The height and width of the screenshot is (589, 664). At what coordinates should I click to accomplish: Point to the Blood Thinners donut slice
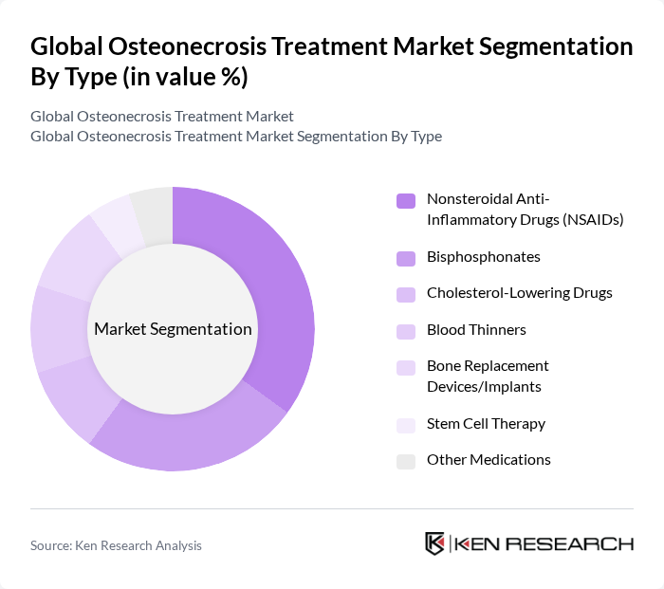[x=59, y=328]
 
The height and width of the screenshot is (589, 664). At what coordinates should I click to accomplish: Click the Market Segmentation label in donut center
[x=173, y=329]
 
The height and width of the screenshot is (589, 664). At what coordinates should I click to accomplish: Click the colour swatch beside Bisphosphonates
[x=405, y=258]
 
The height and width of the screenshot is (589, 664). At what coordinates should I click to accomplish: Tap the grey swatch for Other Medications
[x=405, y=461]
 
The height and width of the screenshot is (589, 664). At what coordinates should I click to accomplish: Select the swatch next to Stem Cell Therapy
[x=405, y=425]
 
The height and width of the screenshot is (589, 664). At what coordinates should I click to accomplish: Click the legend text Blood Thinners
[x=476, y=329]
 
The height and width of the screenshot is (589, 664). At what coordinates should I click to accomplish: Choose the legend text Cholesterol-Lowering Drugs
[x=519, y=293]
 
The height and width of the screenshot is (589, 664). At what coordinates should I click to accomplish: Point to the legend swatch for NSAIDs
[x=405, y=200]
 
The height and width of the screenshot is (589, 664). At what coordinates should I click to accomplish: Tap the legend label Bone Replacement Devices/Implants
[x=488, y=375]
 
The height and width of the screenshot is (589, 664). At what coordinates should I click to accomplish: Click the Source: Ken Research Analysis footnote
[x=116, y=545]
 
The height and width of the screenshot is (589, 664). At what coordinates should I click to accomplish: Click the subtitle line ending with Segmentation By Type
[x=236, y=137]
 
